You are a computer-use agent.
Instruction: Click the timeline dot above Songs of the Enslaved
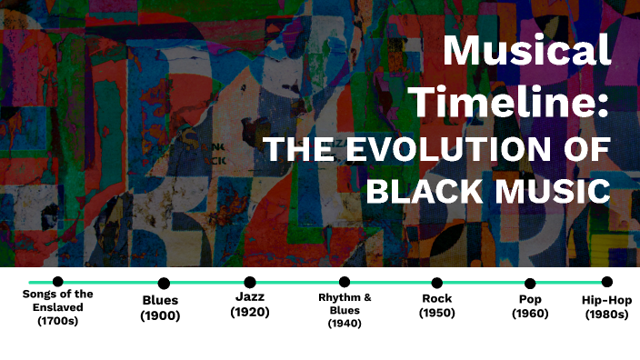click(58, 282)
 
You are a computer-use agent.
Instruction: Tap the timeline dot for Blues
click(164, 284)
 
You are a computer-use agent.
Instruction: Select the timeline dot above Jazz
click(250, 282)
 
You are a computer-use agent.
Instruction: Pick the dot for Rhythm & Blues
click(345, 282)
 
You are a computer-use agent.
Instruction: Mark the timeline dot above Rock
click(437, 283)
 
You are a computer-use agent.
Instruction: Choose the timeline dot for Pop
click(530, 284)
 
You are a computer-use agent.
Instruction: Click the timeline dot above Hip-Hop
click(606, 282)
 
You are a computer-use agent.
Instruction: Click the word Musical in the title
click(526, 50)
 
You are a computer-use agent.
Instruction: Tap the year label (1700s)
click(58, 321)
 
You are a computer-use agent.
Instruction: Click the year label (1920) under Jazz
click(250, 312)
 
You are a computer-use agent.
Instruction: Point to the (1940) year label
click(345, 323)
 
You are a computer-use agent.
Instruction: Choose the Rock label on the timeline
click(437, 298)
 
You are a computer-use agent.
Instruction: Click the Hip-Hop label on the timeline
click(606, 300)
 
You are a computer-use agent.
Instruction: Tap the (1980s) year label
click(606, 315)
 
